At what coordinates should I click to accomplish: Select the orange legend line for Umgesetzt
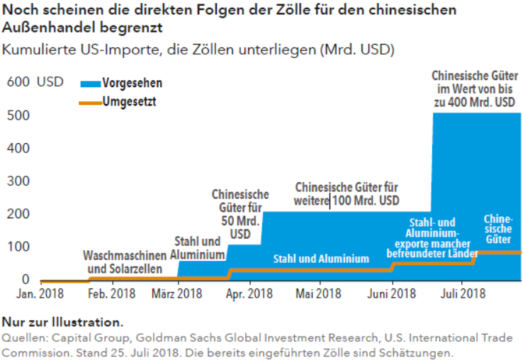pyautogui.click(x=90, y=102)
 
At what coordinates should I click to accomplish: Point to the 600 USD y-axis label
pyautogui.click(x=35, y=81)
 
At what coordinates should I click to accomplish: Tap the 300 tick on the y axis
pyautogui.click(x=19, y=181)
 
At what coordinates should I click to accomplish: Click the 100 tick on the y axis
pyautogui.click(x=19, y=247)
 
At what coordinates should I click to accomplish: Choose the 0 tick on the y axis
pyautogui.click(x=25, y=280)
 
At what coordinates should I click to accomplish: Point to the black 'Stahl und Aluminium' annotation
pyautogui.click(x=197, y=246)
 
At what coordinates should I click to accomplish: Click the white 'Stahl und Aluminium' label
pyautogui.click(x=321, y=259)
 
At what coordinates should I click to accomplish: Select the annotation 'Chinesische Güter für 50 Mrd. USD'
pyautogui.click(x=240, y=213)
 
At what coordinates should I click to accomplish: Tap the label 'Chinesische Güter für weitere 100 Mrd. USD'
pyautogui.click(x=347, y=194)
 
